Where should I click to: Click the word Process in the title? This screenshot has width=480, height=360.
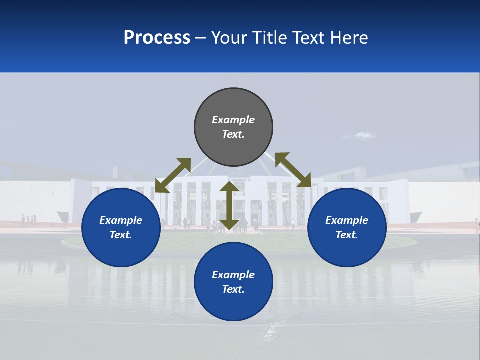157,37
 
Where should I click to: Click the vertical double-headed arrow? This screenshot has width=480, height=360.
229,205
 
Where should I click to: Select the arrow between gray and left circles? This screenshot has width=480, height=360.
173,175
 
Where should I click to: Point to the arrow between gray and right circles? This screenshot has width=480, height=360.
293,170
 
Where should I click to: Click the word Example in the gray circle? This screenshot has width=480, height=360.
233,120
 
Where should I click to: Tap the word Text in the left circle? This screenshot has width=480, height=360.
121,235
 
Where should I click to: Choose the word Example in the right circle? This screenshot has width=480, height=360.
347,220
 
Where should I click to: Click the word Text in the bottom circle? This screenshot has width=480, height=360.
233,289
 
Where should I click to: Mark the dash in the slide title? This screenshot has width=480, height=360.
201,38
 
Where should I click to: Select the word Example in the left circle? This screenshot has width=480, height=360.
121,220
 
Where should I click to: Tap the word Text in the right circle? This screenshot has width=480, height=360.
347,235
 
